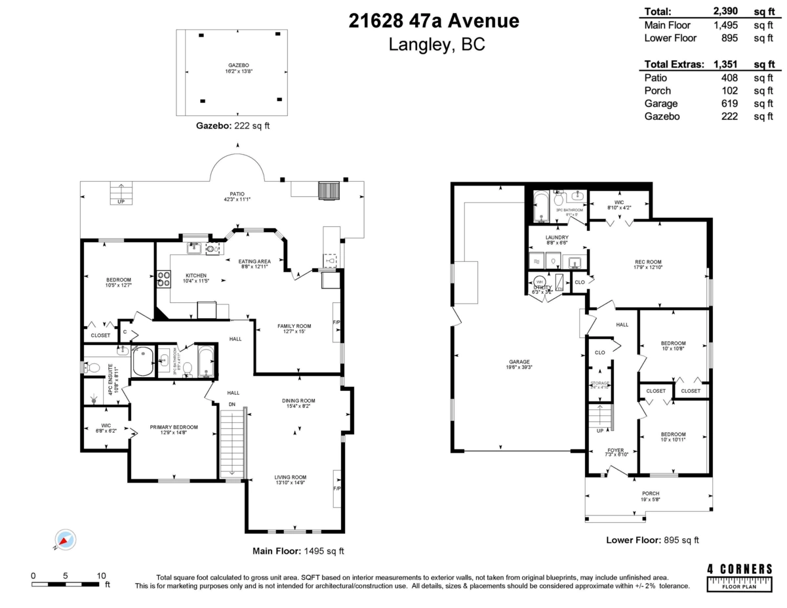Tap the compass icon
pyautogui.click(x=65, y=539)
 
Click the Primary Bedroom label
pyautogui.click(x=174, y=427)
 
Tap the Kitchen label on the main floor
pyautogui.click(x=196, y=275)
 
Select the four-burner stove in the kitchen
pyautogui.click(x=163, y=279)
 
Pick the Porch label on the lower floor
pyautogui.click(x=651, y=493)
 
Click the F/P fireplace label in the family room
pyautogui.click(x=336, y=323)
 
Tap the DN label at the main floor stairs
pyautogui.click(x=232, y=404)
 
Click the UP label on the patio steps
pyautogui.click(x=121, y=202)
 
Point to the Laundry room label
pyautogui.click(x=557, y=237)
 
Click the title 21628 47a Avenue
pyautogui.click(x=434, y=21)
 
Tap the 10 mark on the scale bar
pyautogui.click(x=101, y=575)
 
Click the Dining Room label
pyautogui.click(x=299, y=401)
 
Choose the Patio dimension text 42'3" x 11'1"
pyautogui.click(x=237, y=199)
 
